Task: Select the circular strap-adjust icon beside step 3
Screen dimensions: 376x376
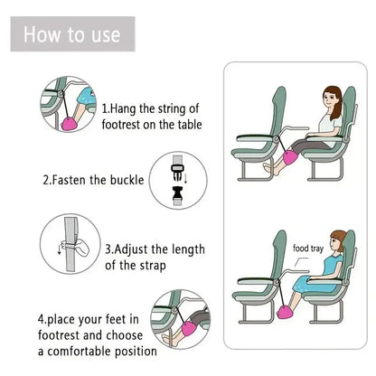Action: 65,251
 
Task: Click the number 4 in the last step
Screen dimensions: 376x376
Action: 42,318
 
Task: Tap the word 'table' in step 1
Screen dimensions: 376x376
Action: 186,125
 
